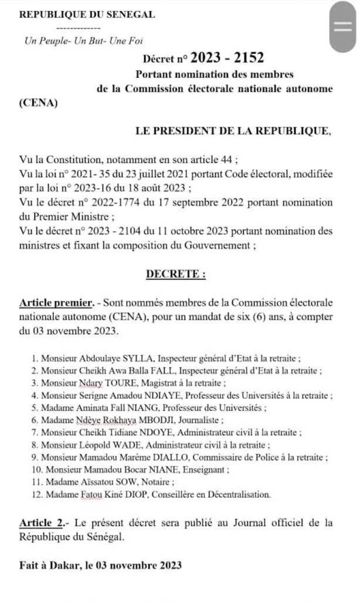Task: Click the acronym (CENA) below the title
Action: (x=38, y=103)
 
